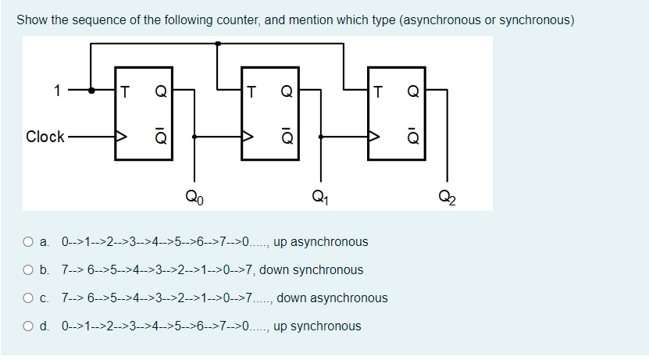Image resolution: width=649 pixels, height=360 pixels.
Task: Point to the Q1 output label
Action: [x=318, y=197]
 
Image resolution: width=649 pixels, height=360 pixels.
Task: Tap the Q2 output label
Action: [x=447, y=197]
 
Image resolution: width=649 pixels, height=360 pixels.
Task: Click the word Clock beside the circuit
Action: [x=45, y=137]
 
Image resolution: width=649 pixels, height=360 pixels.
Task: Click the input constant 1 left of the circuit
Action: [x=57, y=90]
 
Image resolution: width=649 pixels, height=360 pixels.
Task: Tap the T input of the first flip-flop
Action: [x=125, y=91]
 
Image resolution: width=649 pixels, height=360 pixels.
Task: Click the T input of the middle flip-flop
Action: [x=251, y=91]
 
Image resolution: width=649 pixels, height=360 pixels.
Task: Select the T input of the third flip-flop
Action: [x=379, y=91]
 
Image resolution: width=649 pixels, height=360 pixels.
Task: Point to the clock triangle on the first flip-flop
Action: [x=122, y=137]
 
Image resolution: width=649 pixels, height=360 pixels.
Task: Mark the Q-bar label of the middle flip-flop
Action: [x=287, y=137]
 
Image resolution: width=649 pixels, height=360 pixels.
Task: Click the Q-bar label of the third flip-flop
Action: [x=414, y=137]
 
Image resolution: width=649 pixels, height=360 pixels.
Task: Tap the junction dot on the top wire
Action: [x=218, y=44]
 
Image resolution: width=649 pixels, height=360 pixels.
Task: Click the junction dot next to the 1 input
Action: [x=91, y=90]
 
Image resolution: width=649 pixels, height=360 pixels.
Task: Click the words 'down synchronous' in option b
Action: [x=311, y=270]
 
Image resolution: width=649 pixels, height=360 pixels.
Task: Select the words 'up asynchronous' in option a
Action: [x=320, y=242]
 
